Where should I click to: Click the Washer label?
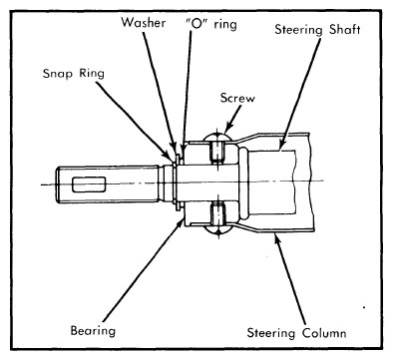[144, 23]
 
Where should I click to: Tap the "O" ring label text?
[211, 24]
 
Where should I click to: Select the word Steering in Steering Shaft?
[298, 30]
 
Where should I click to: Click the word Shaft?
[345, 29]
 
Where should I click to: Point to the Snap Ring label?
[74, 74]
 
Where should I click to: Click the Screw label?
[237, 98]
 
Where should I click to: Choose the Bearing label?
[93, 331]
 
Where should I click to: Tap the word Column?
[324, 333]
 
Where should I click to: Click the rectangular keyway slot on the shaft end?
[89, 184]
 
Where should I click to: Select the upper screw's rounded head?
[217, 137]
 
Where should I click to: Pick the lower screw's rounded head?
[217, 230]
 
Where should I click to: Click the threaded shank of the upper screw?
[216, 151]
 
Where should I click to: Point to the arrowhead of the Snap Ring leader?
[170, 155]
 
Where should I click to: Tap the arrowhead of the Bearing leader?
[181, 221]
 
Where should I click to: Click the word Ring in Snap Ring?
[92, 74]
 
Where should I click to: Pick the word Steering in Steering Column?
[271, 333]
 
